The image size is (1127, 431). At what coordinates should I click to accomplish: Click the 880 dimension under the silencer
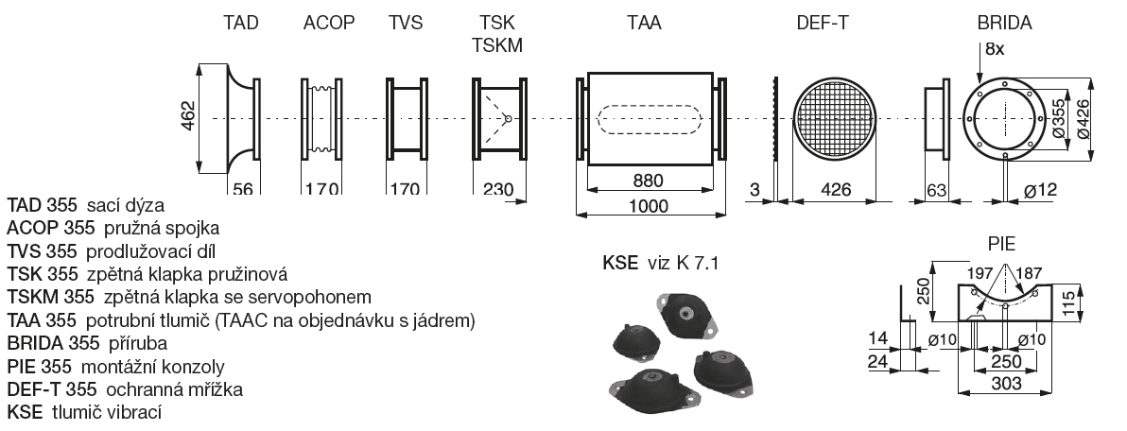pyautogui.click(x=648, y=180)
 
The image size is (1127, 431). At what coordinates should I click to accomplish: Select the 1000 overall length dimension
pyautogui.click(x=648, y=205)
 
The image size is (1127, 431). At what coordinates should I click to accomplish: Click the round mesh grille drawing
pyautogui.click(x=831, y=118)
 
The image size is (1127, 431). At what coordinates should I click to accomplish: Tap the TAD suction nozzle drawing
pyautogui.click(x=242, y=118)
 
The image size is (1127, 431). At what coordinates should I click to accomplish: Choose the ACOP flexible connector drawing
pyautogui.click(x=322, y=118)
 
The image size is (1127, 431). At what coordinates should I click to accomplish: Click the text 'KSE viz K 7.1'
pyautogui.click(x=661, y=263)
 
